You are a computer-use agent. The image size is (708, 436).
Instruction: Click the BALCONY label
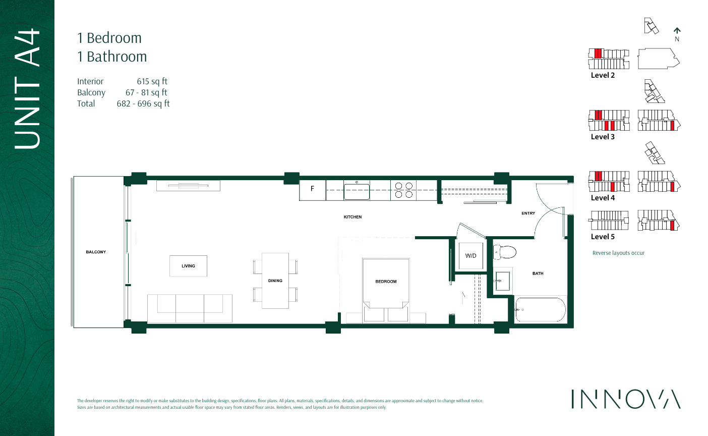96,252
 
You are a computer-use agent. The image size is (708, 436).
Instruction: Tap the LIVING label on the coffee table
188,266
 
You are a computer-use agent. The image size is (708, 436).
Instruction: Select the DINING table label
275,281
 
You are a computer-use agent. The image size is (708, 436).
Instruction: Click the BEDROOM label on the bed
386,282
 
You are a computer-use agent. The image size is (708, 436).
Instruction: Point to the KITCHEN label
352,217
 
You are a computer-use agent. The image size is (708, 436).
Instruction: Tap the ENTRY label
528,213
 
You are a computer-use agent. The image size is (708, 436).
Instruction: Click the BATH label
538,274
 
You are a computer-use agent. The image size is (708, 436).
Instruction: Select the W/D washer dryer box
470,256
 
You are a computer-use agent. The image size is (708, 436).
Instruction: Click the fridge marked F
312,189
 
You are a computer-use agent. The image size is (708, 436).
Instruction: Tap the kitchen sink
357,192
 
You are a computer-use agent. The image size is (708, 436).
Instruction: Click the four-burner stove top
403,190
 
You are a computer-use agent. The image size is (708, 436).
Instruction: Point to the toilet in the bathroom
505,251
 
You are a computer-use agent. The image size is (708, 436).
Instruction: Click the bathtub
540,309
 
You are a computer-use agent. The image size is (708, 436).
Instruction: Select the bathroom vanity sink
502,281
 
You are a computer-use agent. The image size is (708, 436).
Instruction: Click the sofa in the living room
190,308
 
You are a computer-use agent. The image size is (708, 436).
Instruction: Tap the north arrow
677,32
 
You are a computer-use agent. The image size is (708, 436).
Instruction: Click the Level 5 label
603,237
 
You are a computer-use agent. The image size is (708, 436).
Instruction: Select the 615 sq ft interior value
152,81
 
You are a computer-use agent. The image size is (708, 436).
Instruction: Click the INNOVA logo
626,399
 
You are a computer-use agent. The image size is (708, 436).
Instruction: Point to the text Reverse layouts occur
618,253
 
